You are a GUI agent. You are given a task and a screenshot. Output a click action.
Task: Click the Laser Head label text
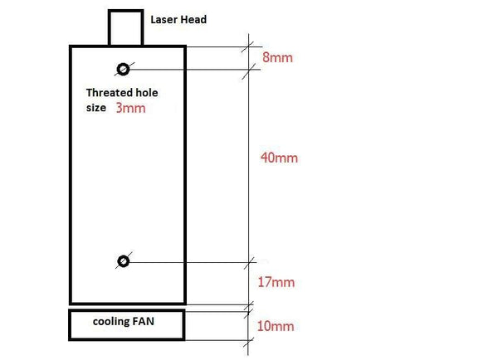(178, 20)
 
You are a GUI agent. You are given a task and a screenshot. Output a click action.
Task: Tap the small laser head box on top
(126, 27)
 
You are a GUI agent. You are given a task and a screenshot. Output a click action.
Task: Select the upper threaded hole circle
(123, 69)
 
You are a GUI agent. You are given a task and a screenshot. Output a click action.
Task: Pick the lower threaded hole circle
(123, 261)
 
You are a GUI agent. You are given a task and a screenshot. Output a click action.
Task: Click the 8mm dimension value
(277, 57)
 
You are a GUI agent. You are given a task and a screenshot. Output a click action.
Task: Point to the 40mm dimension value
(279, 158)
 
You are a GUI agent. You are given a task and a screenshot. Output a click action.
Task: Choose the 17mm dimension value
(276, 282)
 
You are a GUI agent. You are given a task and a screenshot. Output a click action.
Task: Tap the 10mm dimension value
(276, 326)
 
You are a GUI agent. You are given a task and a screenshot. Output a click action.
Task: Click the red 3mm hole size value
(130, 108)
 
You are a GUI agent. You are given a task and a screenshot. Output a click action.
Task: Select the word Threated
(110, 93)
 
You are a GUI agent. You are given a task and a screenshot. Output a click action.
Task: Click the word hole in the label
(147, 93)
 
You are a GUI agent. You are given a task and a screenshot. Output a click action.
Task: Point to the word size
(96, 108)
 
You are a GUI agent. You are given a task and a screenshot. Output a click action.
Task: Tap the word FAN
(144, 321)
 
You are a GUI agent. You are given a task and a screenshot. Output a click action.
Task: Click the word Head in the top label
(194, 20)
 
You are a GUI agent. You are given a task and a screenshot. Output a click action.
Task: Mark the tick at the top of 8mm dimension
(248, 46)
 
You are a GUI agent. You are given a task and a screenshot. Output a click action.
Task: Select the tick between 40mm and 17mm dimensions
(249, 263)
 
